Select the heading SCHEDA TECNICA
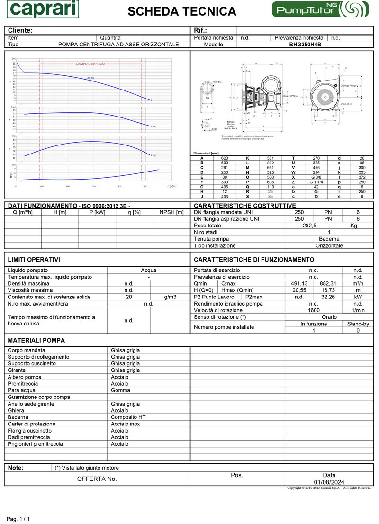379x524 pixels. pyautogui.click(x=182, y=11)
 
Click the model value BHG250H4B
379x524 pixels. pyautogui.click(x=305, y=45)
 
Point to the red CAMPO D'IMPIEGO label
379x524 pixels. pyautogui.click(x=90, y=63)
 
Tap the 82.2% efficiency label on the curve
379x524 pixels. pyautogui.click(x=90, y=78)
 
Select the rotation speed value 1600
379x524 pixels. pyautogui.click(x=313, y=310)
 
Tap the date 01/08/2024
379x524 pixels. pyautogui.click(x=329, y=482)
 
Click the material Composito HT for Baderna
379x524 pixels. pyautogui.click(x=128, y=417)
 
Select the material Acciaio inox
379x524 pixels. pyautogui.click(x=126, y=424)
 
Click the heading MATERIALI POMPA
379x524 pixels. pyautogui.click(x=36, y=340)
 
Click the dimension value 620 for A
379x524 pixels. pyautogui.click(x=225, y=158)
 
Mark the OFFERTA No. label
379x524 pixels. pyautogui.click(x=97, y=479)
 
